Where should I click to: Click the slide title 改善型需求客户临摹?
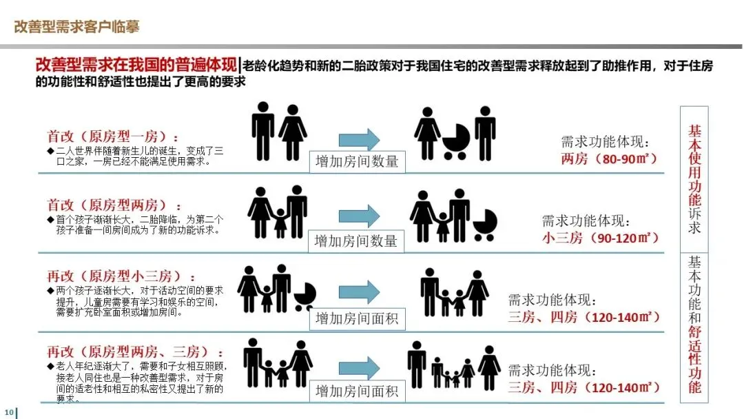tap(76, 27)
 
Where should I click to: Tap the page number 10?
tap(8, 412)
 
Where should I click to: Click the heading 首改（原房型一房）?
tap(107, 136)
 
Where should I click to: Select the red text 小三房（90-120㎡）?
tap(600, 238)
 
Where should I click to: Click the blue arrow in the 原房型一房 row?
tap(358, 139)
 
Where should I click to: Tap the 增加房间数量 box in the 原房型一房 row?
tap(356, 161)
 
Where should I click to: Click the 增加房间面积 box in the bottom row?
tap(356, 391)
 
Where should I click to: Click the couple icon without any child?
tap(278, 132)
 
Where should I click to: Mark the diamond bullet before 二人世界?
tap(50, 150)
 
